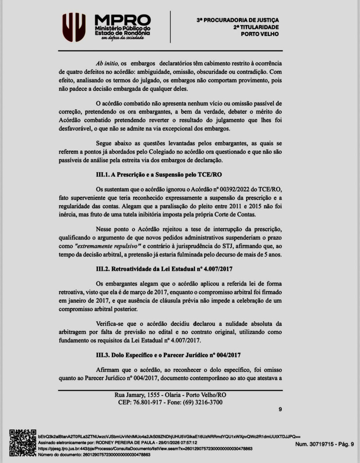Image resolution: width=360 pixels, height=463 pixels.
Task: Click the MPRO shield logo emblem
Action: coord(74,27)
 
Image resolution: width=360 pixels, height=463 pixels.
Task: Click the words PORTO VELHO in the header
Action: coord(260,34)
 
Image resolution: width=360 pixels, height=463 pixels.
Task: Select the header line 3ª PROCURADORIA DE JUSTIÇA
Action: coord(238,20)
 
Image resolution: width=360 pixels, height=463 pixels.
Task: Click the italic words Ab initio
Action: coord(107,63)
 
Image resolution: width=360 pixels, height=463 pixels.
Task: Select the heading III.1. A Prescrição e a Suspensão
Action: coord(159,175)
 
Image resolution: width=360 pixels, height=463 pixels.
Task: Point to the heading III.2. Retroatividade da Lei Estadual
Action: coord(164,269)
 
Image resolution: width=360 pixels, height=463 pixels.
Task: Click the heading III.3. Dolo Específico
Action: coord(168,355)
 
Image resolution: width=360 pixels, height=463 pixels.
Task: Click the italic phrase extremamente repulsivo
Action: coord(107,246)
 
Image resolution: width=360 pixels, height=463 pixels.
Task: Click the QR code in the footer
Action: coord(23,443)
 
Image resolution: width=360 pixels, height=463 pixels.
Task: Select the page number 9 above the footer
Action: coord(280,409)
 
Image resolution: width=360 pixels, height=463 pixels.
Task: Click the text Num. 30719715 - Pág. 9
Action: coord(325,444)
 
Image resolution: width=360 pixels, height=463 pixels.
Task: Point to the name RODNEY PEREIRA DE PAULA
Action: coord(125,442)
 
